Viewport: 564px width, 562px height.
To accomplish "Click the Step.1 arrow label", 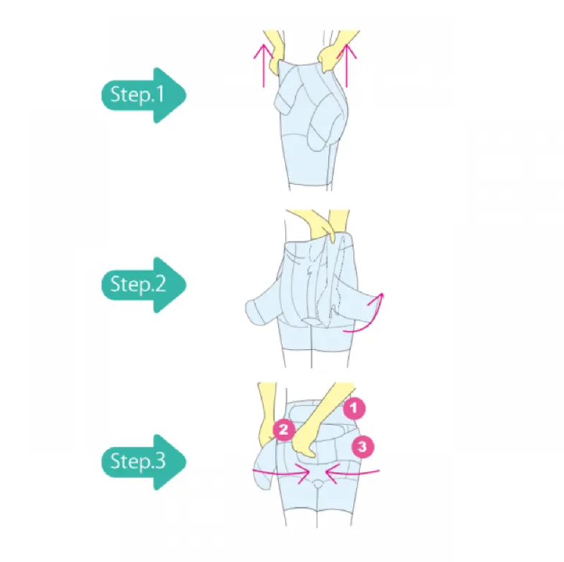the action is [x=142, y=95].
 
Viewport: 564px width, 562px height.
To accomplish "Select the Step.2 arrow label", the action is [x=142, y=284].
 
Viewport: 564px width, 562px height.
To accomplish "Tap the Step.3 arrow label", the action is [x=142, y=461].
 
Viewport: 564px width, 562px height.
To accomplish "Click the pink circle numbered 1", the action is [x=353, y=409].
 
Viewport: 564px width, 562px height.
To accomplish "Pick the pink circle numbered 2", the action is [x=284, y=430].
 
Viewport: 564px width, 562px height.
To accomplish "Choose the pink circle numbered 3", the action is [x=363, y=447].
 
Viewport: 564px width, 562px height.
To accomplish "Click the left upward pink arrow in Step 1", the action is [x=264, y=63].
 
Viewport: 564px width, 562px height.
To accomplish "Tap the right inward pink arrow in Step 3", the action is [x=350, y=472].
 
